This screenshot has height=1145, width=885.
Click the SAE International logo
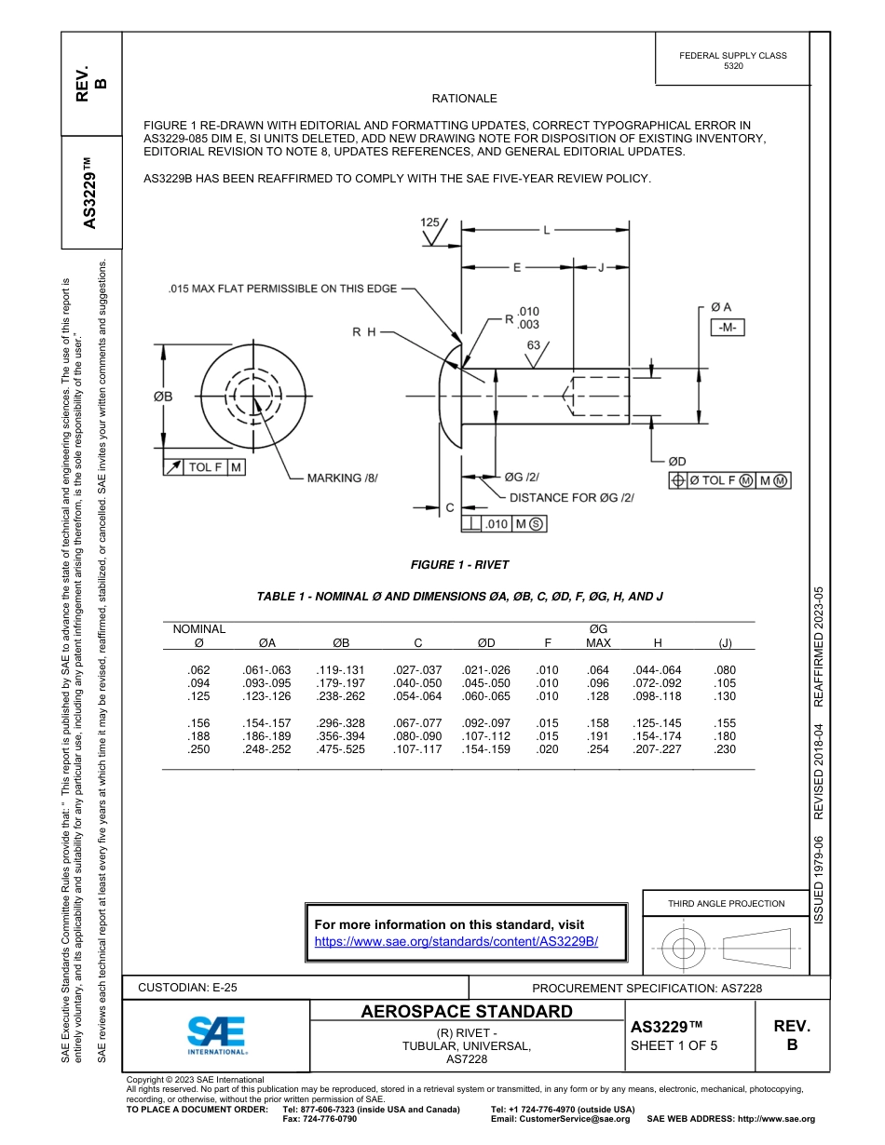click(216, 1033)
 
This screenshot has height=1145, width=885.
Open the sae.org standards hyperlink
click(456, 941)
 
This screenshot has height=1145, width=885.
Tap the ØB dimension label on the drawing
click(163, 397)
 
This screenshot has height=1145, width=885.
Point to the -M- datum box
click(727, 328)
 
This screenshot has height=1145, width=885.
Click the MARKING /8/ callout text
click(343, 478)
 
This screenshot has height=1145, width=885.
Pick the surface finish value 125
click(429, 222)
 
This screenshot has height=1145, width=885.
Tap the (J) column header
click(724, 642)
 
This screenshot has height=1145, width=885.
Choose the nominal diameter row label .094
click(198, 682)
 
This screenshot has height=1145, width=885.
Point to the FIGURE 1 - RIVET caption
click(460, 564)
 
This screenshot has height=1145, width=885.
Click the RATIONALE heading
click(465, 98)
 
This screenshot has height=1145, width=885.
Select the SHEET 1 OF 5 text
click(674, 1044)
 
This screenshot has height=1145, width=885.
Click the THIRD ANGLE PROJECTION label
click(726, 903)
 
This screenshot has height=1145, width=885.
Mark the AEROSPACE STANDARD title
click(467, 1012)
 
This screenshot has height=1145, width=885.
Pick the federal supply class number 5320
click(733, 67)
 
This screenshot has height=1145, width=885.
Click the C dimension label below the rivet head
click(450, 507)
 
